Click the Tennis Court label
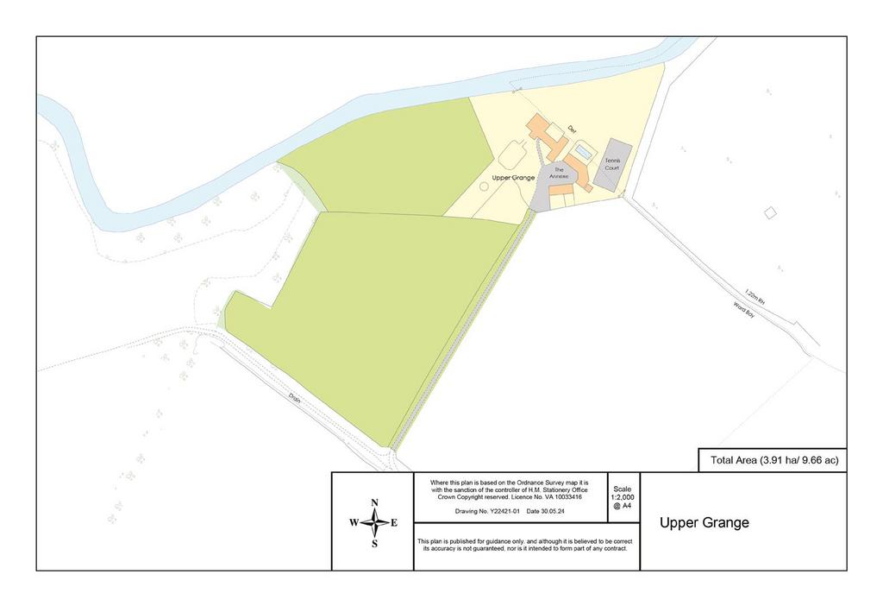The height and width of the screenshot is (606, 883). [612, 164]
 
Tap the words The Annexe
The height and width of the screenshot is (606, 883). [559, 172]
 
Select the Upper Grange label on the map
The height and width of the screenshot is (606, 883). [513, 177]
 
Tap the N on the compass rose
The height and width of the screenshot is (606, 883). [374, 503]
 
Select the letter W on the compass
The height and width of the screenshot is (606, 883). [354, 523]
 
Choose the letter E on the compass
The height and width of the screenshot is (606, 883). [394, 523]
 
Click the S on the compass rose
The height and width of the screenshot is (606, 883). [374, 544]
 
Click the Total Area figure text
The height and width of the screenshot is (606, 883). [773, 461]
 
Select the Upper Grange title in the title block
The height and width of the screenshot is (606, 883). [705, 522]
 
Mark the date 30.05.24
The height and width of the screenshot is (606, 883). [549, 512]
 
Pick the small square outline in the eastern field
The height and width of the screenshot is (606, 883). [770, 212]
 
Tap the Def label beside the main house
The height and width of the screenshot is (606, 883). [571, 129]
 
